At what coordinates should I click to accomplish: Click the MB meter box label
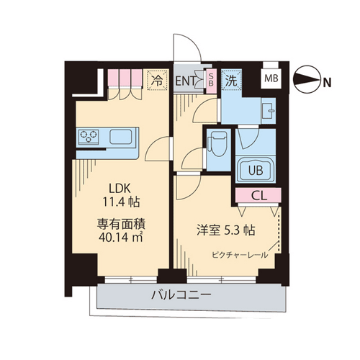[271, 78]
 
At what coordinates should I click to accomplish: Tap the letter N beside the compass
[327, 83]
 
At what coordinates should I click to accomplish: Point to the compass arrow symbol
[307, 79]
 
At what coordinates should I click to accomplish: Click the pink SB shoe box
[211, 81]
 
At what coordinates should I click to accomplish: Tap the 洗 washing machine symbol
[231, 80]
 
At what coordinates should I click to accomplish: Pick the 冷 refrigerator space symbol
[157, 80]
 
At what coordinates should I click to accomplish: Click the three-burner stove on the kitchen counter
[89, 137]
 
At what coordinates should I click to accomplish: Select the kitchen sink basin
[121, 136]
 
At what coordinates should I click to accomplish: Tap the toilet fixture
[217, 144]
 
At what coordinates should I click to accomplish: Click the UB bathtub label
[256, 171]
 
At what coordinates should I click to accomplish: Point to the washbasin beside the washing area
[269, 111]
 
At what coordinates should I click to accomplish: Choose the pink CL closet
[258, 195]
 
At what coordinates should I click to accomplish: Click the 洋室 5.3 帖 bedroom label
[226, 230]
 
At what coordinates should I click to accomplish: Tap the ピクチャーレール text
[240, 255]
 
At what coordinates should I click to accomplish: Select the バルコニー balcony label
[181, 295]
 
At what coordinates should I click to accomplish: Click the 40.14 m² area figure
[121, 237]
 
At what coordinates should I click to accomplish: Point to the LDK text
[120, 189]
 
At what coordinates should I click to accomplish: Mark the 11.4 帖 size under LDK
[122, 202]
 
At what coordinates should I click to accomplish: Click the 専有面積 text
[121, 224]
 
